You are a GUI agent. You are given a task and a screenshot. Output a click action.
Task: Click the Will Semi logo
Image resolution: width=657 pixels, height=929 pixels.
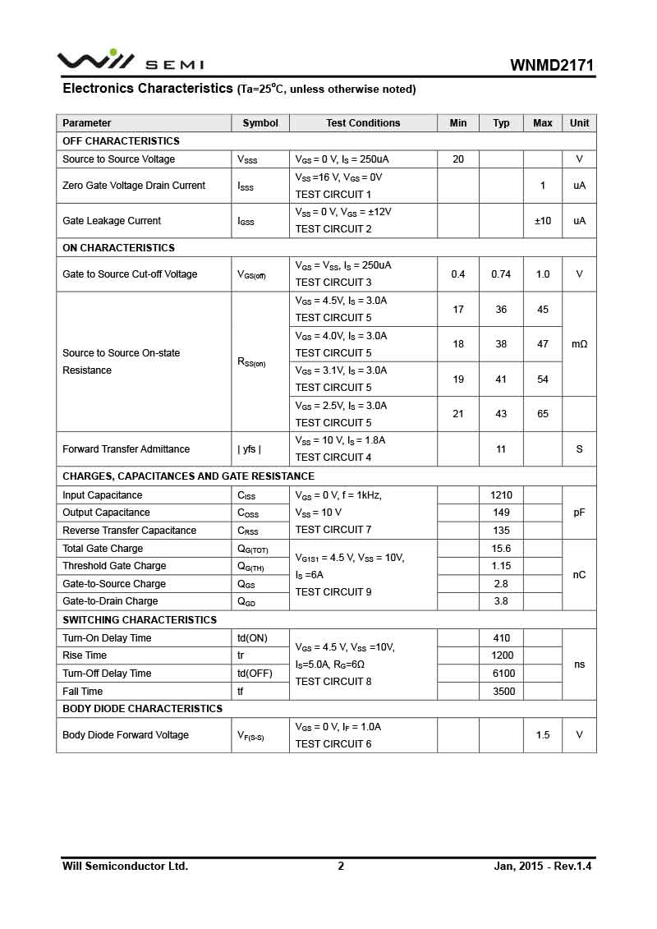pyautogui.click(x=130, y=62)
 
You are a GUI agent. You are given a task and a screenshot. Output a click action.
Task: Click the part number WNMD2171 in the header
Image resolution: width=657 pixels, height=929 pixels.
pyautogui.click(x=552, y=65)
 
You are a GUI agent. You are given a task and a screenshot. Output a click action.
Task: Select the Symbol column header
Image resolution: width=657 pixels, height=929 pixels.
pyautogui.click(x=260, y=123)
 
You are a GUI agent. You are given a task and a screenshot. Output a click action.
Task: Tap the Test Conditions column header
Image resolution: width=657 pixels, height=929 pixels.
pyautogui.click(x=363, y=123)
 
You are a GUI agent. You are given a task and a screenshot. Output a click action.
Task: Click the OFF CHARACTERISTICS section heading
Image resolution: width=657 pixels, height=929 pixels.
pyautogui.click(x=121, y=141)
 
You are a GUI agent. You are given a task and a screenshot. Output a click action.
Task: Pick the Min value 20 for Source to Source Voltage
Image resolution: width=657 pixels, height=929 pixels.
pyautogui.click(x=458, y=159)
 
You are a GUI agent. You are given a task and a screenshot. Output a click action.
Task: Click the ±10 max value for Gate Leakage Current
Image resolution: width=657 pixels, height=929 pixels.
pyautogui.click(x=543, y=221)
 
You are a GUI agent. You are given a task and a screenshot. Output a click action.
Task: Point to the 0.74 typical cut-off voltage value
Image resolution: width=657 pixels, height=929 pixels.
pyautogui.click(x=501, y=274)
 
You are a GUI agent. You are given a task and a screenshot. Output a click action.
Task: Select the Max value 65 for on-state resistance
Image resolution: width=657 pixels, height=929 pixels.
pyautogui.click(x=543, y=414)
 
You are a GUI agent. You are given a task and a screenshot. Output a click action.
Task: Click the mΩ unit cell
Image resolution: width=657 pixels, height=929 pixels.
pyautogui.click(x=579, y=344)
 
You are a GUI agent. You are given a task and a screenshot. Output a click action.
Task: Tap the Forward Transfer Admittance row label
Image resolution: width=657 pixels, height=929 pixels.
pyautogui.click(x=126, y=449)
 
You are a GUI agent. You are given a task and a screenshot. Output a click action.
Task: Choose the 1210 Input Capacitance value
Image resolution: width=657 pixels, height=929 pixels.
pyautogui.click(x=501, y=495)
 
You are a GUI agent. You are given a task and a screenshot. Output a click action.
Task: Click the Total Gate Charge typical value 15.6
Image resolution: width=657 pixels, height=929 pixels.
pyautogui.click(x=501, y=549)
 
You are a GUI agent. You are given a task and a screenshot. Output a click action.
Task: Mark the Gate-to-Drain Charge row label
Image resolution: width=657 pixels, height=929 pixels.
pyautogui.click(x=110, y=601)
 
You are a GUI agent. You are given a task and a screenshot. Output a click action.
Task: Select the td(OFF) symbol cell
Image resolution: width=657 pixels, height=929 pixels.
pyautogui.click(x=255, y=674)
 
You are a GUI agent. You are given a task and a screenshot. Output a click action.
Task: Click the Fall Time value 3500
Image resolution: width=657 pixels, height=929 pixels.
pyautogui.click(x=503, y=692)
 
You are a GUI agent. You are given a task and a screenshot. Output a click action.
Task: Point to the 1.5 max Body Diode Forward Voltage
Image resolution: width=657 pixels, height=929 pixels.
pyautogui.click(x=543, y=735)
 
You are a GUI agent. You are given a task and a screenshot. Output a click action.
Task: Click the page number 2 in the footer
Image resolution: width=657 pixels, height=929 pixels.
pyautogui.click(x=341, y=866)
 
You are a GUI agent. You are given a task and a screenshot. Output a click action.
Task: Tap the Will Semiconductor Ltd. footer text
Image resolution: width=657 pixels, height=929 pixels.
pyautogui.click(x=125, y=866)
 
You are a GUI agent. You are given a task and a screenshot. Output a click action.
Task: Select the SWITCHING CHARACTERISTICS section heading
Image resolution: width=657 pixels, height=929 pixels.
pyautogui.click(x=140, y=620)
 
